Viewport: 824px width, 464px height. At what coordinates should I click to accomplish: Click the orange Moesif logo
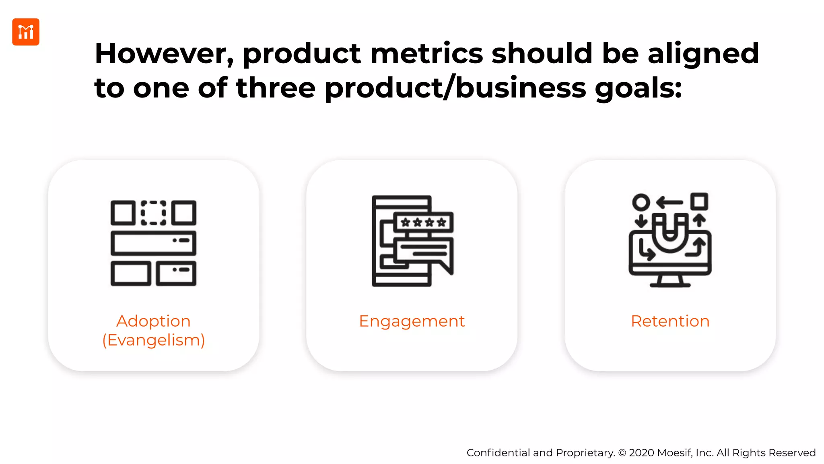[x=26, y=32]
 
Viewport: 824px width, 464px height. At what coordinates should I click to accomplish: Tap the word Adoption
[x=153, y=321]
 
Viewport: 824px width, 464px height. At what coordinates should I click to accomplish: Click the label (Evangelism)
[x=153, y=340]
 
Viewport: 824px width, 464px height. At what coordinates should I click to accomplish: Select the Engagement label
[x=412, y=321]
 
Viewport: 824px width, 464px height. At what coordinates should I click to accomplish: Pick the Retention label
[x=670, y=321]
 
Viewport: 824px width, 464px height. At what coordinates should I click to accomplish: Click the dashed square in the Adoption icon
[x=153, y=213]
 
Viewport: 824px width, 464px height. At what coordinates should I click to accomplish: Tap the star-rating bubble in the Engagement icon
[x=423, y=222]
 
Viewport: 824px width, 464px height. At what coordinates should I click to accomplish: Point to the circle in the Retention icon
[x=641, y=202]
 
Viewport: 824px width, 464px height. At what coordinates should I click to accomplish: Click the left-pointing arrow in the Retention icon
[x=669, y=202]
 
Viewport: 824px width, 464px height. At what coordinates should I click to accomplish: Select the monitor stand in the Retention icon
[x=670, y=281]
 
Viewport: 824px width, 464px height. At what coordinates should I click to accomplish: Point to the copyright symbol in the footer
[x=622, y=453]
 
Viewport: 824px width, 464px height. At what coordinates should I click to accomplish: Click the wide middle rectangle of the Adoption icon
[x=153, y=243]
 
